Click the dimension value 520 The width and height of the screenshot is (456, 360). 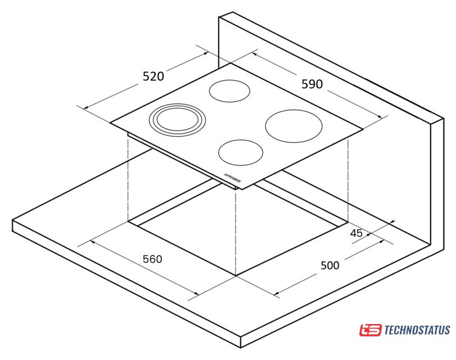click(153, 76)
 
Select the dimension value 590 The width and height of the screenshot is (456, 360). click(312, 84)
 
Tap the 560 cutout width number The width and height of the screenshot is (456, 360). click(152, 259)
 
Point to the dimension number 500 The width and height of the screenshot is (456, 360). click(330, 265)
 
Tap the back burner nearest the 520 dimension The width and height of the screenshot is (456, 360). click(230, 90)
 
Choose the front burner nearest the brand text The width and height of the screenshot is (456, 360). click(241, 152)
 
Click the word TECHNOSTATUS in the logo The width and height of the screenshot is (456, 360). click(417, 330)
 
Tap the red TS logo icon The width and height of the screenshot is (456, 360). click(370, 330)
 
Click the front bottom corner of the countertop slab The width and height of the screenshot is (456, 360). click(241, 348)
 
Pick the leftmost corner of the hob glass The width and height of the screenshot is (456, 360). click(111, 123)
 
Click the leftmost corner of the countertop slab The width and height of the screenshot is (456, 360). click(12, 220)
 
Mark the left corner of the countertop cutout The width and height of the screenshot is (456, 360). click(128, 222)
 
